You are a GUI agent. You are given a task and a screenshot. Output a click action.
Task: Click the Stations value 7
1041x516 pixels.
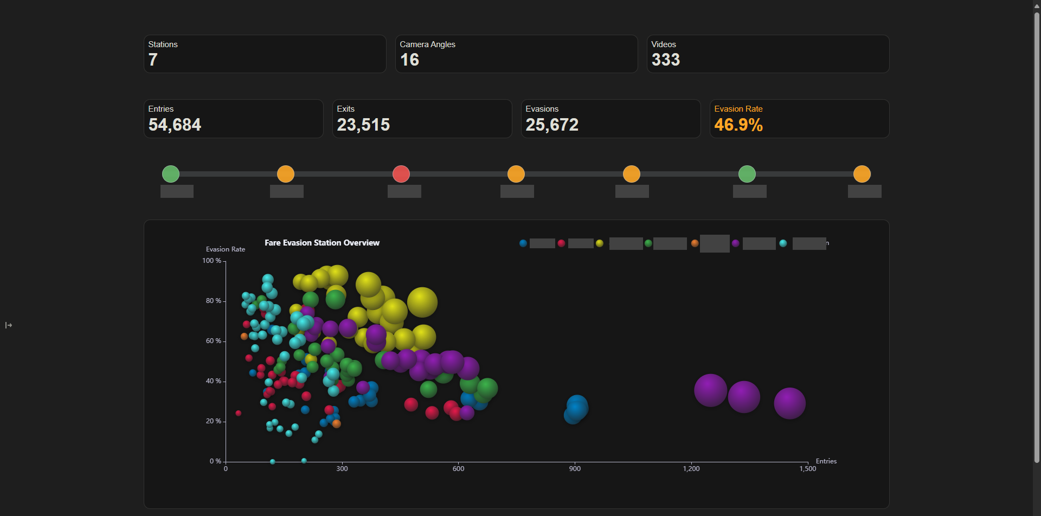coord(153,60)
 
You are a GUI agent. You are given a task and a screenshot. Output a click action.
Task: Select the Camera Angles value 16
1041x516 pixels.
coord(409,60)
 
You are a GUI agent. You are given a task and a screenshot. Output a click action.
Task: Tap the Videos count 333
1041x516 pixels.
coord(665,60)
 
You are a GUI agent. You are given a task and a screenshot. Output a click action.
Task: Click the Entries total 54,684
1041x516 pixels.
coord(175,125)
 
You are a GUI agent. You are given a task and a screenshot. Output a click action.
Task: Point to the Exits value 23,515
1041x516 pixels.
coord(363,125)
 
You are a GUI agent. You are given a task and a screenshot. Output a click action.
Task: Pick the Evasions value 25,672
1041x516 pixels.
coord(552,125)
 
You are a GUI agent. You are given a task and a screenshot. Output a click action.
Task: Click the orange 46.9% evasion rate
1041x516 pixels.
coord(738,125)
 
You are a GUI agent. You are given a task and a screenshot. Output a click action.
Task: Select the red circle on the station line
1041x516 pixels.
coord(401,174)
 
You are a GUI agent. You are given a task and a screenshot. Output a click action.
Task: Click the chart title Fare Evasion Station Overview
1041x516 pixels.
coord(322,243)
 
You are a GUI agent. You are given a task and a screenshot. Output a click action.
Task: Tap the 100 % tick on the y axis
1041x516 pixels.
coord(211,261)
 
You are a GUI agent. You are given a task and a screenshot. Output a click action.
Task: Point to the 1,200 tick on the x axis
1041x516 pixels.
coord(691,469)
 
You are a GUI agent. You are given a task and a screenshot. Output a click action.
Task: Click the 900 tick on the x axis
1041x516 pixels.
coord(575,469)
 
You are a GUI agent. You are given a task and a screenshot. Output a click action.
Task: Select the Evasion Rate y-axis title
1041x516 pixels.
coord(226,249)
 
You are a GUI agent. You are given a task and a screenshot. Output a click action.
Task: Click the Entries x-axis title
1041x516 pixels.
coord(826,461)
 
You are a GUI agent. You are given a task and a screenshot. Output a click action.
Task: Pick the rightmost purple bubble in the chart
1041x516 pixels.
coord(789,403)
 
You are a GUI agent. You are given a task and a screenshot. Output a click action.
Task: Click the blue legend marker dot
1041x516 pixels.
coord(523,243)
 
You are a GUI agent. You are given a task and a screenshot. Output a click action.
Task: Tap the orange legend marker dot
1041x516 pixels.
coord(695,243)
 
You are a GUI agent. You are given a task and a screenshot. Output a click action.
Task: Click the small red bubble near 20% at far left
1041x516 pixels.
coord(238,413)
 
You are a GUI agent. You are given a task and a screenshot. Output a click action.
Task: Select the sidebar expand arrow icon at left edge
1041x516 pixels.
coord(9,325)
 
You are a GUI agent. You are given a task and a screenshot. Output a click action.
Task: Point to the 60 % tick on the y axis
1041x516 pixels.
coord(213,341)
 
